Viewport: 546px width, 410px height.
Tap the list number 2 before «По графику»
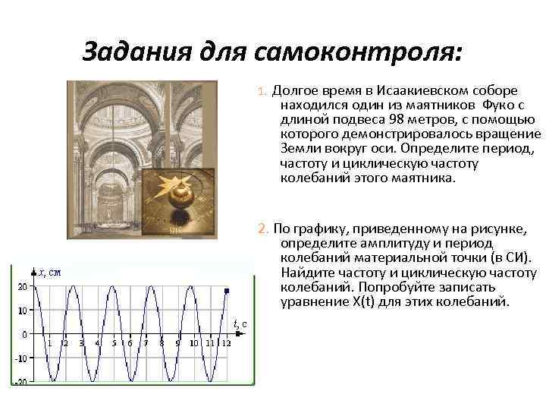[x=262, y=229]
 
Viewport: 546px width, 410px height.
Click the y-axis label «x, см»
[x=49, y=272]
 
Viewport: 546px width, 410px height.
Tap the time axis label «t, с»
[x=240, y=324]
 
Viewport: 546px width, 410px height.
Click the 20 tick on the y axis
[x=23, y=286]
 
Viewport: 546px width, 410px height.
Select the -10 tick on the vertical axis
[x=22, y=358]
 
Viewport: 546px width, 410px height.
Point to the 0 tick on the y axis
[x=25, y=334]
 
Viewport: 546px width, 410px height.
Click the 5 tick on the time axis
[x=114, y=343]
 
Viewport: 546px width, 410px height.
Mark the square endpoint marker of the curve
[x=227, y=290]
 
